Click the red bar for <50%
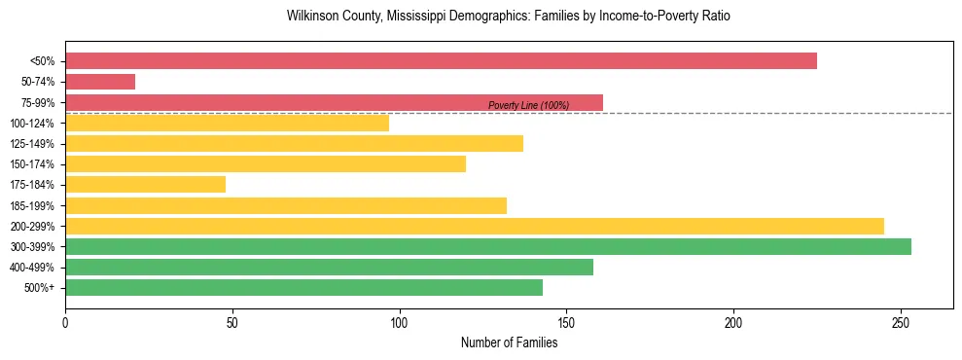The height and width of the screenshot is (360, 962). (x=441, y=61)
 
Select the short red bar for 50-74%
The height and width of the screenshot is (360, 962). (x=100, y=82)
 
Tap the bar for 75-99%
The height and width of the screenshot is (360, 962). (x=334, y=102)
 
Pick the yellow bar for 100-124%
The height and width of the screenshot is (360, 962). (x=227, y=123)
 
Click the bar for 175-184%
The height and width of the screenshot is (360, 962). (x=145, y=185)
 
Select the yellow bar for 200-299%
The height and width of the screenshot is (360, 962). (x=474, y=226)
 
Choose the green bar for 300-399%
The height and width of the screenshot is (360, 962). (x=487, y=246)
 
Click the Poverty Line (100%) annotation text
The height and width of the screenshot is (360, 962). (x=528, y=105)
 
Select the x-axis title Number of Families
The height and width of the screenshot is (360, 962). (x=509, y=342)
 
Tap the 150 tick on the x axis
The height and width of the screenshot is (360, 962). (x=566, y=322)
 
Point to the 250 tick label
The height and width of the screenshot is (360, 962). (x=901, y=322)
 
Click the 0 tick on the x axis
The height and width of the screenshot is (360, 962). (x=65, y=322)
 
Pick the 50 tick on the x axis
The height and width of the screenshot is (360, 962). (x=232, y=322)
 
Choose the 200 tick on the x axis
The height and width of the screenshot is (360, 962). (x=733, y=322)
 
